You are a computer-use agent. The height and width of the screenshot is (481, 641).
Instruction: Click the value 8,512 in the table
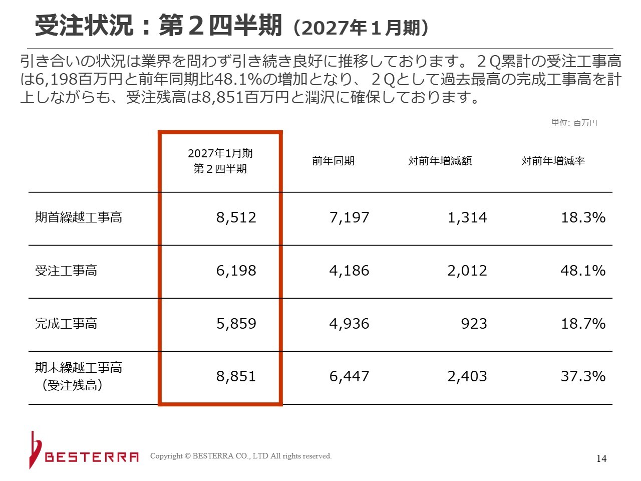[x=236, y=217]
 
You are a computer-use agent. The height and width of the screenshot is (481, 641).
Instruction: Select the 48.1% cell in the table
[x=583, y=271]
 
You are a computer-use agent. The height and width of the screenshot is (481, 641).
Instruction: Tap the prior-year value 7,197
[x=349, y=217]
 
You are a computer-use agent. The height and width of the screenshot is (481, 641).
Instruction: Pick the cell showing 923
[x=474, y=324]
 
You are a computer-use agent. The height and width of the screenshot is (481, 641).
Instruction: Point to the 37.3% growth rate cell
[x=583, y=376]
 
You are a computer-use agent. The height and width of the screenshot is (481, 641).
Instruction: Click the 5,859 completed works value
[x=236, y=324]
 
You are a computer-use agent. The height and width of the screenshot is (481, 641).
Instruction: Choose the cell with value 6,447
[x=349, y=376]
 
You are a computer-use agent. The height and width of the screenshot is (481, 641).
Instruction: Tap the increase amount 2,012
[x=467, y=271]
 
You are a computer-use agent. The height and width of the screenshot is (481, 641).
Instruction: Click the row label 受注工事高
[x=66, y=271]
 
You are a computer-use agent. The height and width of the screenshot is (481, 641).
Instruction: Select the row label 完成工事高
[x=66, y=324]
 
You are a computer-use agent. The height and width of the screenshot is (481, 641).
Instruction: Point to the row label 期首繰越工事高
[x=79, y=217]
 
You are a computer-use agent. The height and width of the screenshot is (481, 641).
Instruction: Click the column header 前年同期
[x=333, y=161]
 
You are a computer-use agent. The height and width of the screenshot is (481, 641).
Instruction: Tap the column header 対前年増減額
[x=440, y=161]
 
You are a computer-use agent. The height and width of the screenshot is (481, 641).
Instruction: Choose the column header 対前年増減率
[x=553, y=161]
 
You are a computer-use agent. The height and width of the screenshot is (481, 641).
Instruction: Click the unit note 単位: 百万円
[x=574, y=123]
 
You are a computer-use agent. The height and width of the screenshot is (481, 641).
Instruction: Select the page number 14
[x=601, y=459]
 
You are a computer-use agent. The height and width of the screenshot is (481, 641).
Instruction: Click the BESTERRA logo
[x=84, y=450]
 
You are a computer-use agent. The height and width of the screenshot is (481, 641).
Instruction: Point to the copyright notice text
[x=241, y=456]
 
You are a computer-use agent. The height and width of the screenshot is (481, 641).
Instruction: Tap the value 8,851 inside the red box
[x=236, y=376]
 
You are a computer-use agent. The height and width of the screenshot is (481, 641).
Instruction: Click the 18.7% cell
[x=583, y=324]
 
